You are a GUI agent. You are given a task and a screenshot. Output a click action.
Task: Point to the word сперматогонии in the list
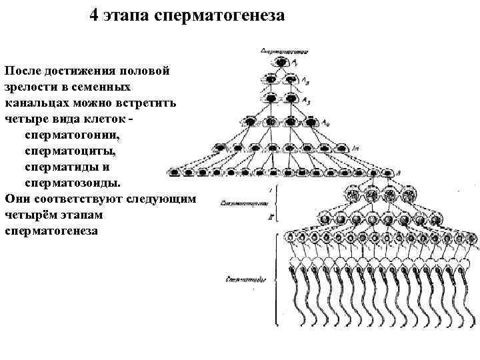[x=73, y=135]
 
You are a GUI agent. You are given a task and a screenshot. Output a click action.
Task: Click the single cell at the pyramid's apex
[x=279, y=62]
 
